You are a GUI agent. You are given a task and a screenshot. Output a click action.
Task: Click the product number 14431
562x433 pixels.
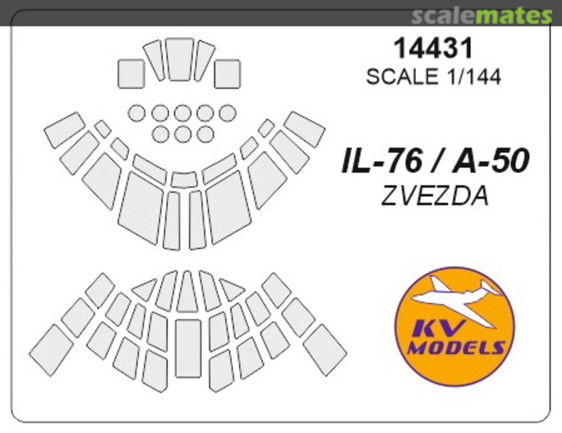coord(433,48)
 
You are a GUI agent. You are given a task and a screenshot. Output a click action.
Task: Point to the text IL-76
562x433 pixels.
coord(380,161)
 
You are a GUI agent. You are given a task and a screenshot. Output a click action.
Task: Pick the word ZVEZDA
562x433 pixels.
coord(435,196)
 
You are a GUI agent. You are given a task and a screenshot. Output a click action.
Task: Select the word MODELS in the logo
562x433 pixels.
coord(455,347)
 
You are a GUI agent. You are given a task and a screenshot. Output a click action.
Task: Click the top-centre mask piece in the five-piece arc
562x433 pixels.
coord(180,59)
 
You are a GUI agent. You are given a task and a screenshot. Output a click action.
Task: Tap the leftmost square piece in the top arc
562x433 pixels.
coord(131,73)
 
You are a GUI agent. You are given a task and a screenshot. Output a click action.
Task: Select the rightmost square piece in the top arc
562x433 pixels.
coord(227,73)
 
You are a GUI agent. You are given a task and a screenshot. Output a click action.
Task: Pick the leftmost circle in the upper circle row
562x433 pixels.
coord(137,113)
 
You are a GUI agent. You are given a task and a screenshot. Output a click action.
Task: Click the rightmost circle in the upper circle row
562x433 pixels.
coord(227,113)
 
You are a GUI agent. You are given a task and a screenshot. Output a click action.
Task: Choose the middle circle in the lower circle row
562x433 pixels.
coord(183,134)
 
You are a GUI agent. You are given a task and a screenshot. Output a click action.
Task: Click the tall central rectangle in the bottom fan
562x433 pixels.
coord(188,348)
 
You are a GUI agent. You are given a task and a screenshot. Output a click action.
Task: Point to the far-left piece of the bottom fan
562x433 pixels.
coord(51,349)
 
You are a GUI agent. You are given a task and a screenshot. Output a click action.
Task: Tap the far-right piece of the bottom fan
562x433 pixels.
coord(325,349)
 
